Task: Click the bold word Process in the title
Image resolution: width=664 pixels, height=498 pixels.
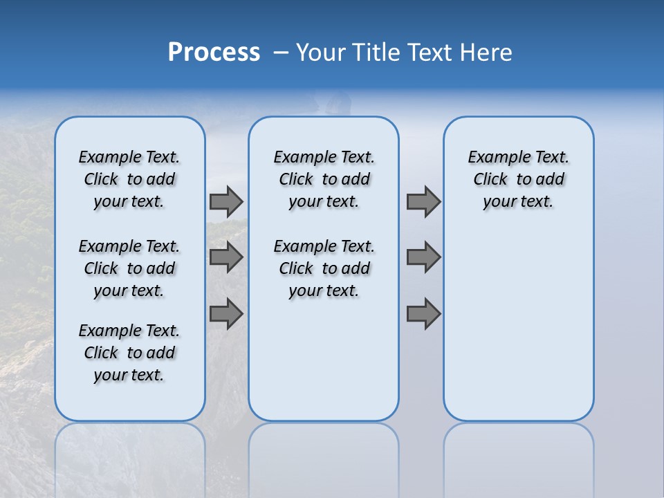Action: [x=214, y=53]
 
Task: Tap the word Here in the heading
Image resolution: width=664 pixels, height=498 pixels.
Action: [x=487, y=53]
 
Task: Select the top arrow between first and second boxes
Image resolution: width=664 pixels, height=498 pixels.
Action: [x=226, y=202]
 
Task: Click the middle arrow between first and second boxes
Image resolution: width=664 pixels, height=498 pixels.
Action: [x=226, y=257]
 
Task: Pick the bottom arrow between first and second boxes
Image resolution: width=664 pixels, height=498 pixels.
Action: [x=226, y=313]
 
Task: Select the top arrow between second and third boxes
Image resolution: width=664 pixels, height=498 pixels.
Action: [x=423, y=202]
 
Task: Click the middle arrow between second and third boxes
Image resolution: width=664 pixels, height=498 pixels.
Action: [x=423, y=257]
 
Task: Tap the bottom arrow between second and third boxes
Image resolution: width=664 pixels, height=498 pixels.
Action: [x=423, y=313]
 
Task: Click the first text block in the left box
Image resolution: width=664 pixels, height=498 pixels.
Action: [x=129, y=179]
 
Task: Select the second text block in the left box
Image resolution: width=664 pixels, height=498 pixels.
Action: [x=129, y=268]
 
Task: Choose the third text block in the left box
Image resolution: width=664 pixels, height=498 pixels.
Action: [x=129, y=353]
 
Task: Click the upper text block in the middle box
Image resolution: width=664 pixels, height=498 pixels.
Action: [x=324, y=179]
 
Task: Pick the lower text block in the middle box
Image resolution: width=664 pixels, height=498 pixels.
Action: [x=324, y=268]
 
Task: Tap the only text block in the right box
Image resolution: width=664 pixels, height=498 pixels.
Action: [x=518, y=179]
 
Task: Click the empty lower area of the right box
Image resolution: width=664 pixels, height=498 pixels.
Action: [x=518, y=325]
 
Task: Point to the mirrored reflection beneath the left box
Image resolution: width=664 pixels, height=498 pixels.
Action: [x=130, y=456]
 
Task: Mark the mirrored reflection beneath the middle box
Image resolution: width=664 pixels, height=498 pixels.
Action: [x=324, y=456]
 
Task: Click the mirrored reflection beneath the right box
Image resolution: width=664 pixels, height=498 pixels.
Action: [x=518, y=456]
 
